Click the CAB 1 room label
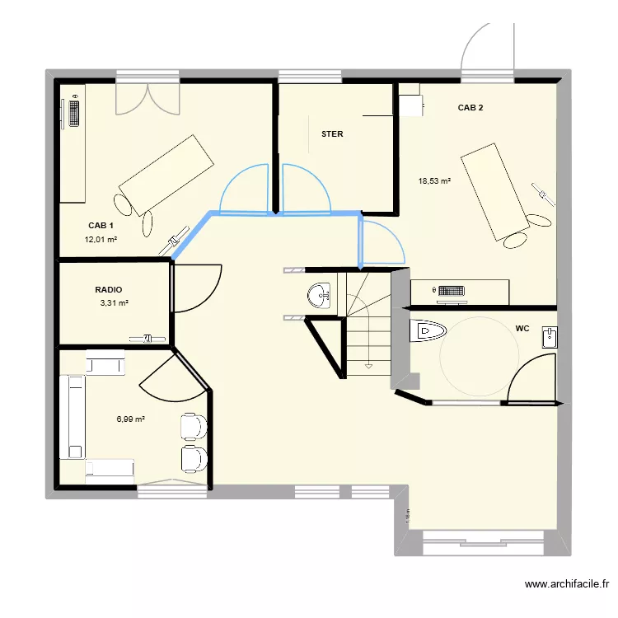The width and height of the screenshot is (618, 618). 101,225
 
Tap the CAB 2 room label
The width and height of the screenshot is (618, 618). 471,108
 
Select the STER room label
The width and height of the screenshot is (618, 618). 332,133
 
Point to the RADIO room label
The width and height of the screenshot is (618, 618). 109,290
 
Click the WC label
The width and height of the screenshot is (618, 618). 522,328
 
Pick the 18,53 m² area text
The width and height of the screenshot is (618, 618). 434,181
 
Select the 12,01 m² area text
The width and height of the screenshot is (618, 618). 101,240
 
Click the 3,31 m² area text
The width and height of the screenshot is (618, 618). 115,303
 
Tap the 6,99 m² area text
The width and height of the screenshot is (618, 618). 131,419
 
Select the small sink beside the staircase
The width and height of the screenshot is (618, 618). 319,294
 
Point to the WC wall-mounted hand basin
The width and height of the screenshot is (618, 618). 550,336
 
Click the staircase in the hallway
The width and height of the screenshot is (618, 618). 368,323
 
